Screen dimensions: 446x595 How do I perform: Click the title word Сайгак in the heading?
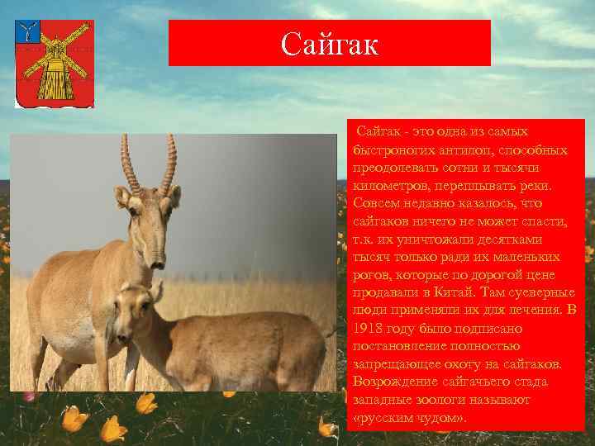coord(329,43)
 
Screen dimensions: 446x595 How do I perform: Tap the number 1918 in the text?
coord(368,328)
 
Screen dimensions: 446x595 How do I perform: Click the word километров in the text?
coord(387,185)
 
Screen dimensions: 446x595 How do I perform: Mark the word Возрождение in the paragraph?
coord(393,382)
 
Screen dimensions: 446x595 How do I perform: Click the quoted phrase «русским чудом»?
coord(410,417)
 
